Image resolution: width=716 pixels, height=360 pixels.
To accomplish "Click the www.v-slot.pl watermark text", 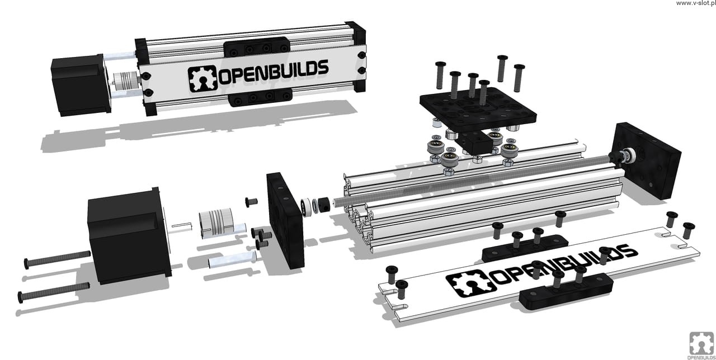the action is coord(695,3).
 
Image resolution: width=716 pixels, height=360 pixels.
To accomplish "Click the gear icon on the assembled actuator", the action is coord(202,79).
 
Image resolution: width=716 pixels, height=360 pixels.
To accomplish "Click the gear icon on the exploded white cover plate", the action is coord(471,283).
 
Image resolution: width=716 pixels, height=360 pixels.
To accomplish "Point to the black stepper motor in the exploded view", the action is coord(129,236).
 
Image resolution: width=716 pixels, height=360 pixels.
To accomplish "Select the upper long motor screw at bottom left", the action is coord(57,259).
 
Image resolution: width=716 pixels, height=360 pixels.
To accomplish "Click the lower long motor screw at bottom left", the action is coord(53,292).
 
